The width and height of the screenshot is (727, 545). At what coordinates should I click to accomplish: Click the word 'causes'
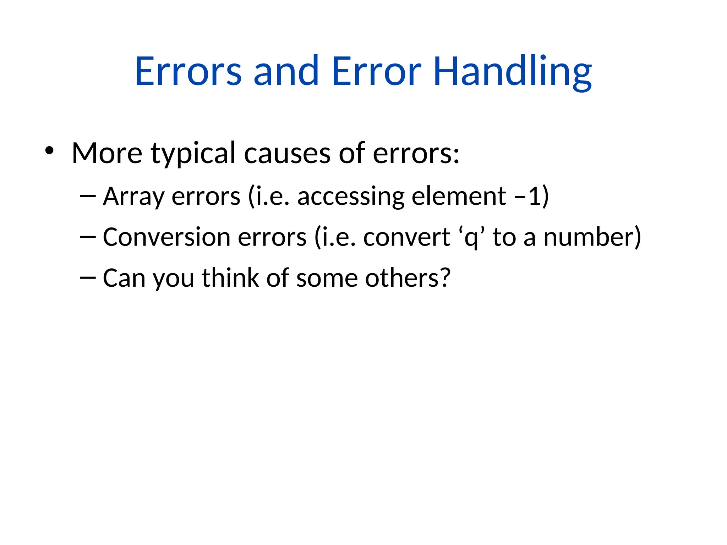tap(287, 154)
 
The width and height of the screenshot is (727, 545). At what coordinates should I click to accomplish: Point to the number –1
tap(528, 196)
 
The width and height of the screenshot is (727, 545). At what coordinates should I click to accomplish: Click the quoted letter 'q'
tap(471, 238)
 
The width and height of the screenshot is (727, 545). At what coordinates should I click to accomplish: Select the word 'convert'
tap(406, 237)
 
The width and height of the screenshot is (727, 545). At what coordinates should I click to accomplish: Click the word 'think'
tap(230, 278)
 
